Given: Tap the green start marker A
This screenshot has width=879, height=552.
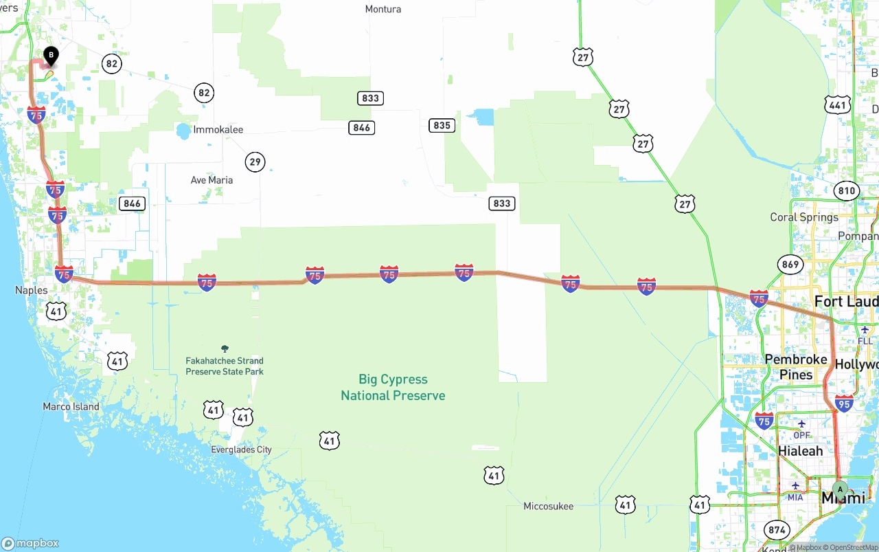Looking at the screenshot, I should click(x=840, y=490).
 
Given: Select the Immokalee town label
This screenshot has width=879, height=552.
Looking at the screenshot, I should click(x=218, y=130).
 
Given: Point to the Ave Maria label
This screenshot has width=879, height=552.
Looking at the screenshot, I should click(x=212, y=180).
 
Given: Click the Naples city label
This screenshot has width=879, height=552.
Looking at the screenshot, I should click(x=32, y=291).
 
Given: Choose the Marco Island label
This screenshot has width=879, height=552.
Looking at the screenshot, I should click(x=71, y=407).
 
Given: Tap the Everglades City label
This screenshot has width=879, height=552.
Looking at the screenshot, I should click(x=241, y=450).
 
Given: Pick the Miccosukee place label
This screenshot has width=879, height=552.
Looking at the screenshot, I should click(x=548, y=507).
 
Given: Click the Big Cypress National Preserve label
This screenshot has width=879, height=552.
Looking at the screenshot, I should click(x=393, y=388).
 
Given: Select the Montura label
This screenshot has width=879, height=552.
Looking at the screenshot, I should click(x=383, y=10).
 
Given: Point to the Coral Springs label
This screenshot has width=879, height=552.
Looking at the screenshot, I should click(x=804, y=217).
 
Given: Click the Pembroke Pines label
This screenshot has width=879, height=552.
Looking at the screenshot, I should click(x=796, y=367).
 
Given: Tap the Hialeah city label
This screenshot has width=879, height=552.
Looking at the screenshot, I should click(x=800, y=451).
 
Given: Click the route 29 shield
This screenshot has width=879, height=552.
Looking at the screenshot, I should click(x=255, y=162).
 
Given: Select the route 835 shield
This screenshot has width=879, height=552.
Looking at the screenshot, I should click(x=442, y=125).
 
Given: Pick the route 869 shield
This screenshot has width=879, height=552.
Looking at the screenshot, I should click(x=790, y=264).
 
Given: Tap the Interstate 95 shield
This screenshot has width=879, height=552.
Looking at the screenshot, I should click(x=845, y=403).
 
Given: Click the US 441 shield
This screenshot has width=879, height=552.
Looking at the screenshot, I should click(x=838, y=104).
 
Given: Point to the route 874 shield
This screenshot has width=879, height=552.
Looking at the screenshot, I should click(x=777, y=530).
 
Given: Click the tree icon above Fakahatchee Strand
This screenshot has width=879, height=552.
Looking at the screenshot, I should click(x=225, y=349).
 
